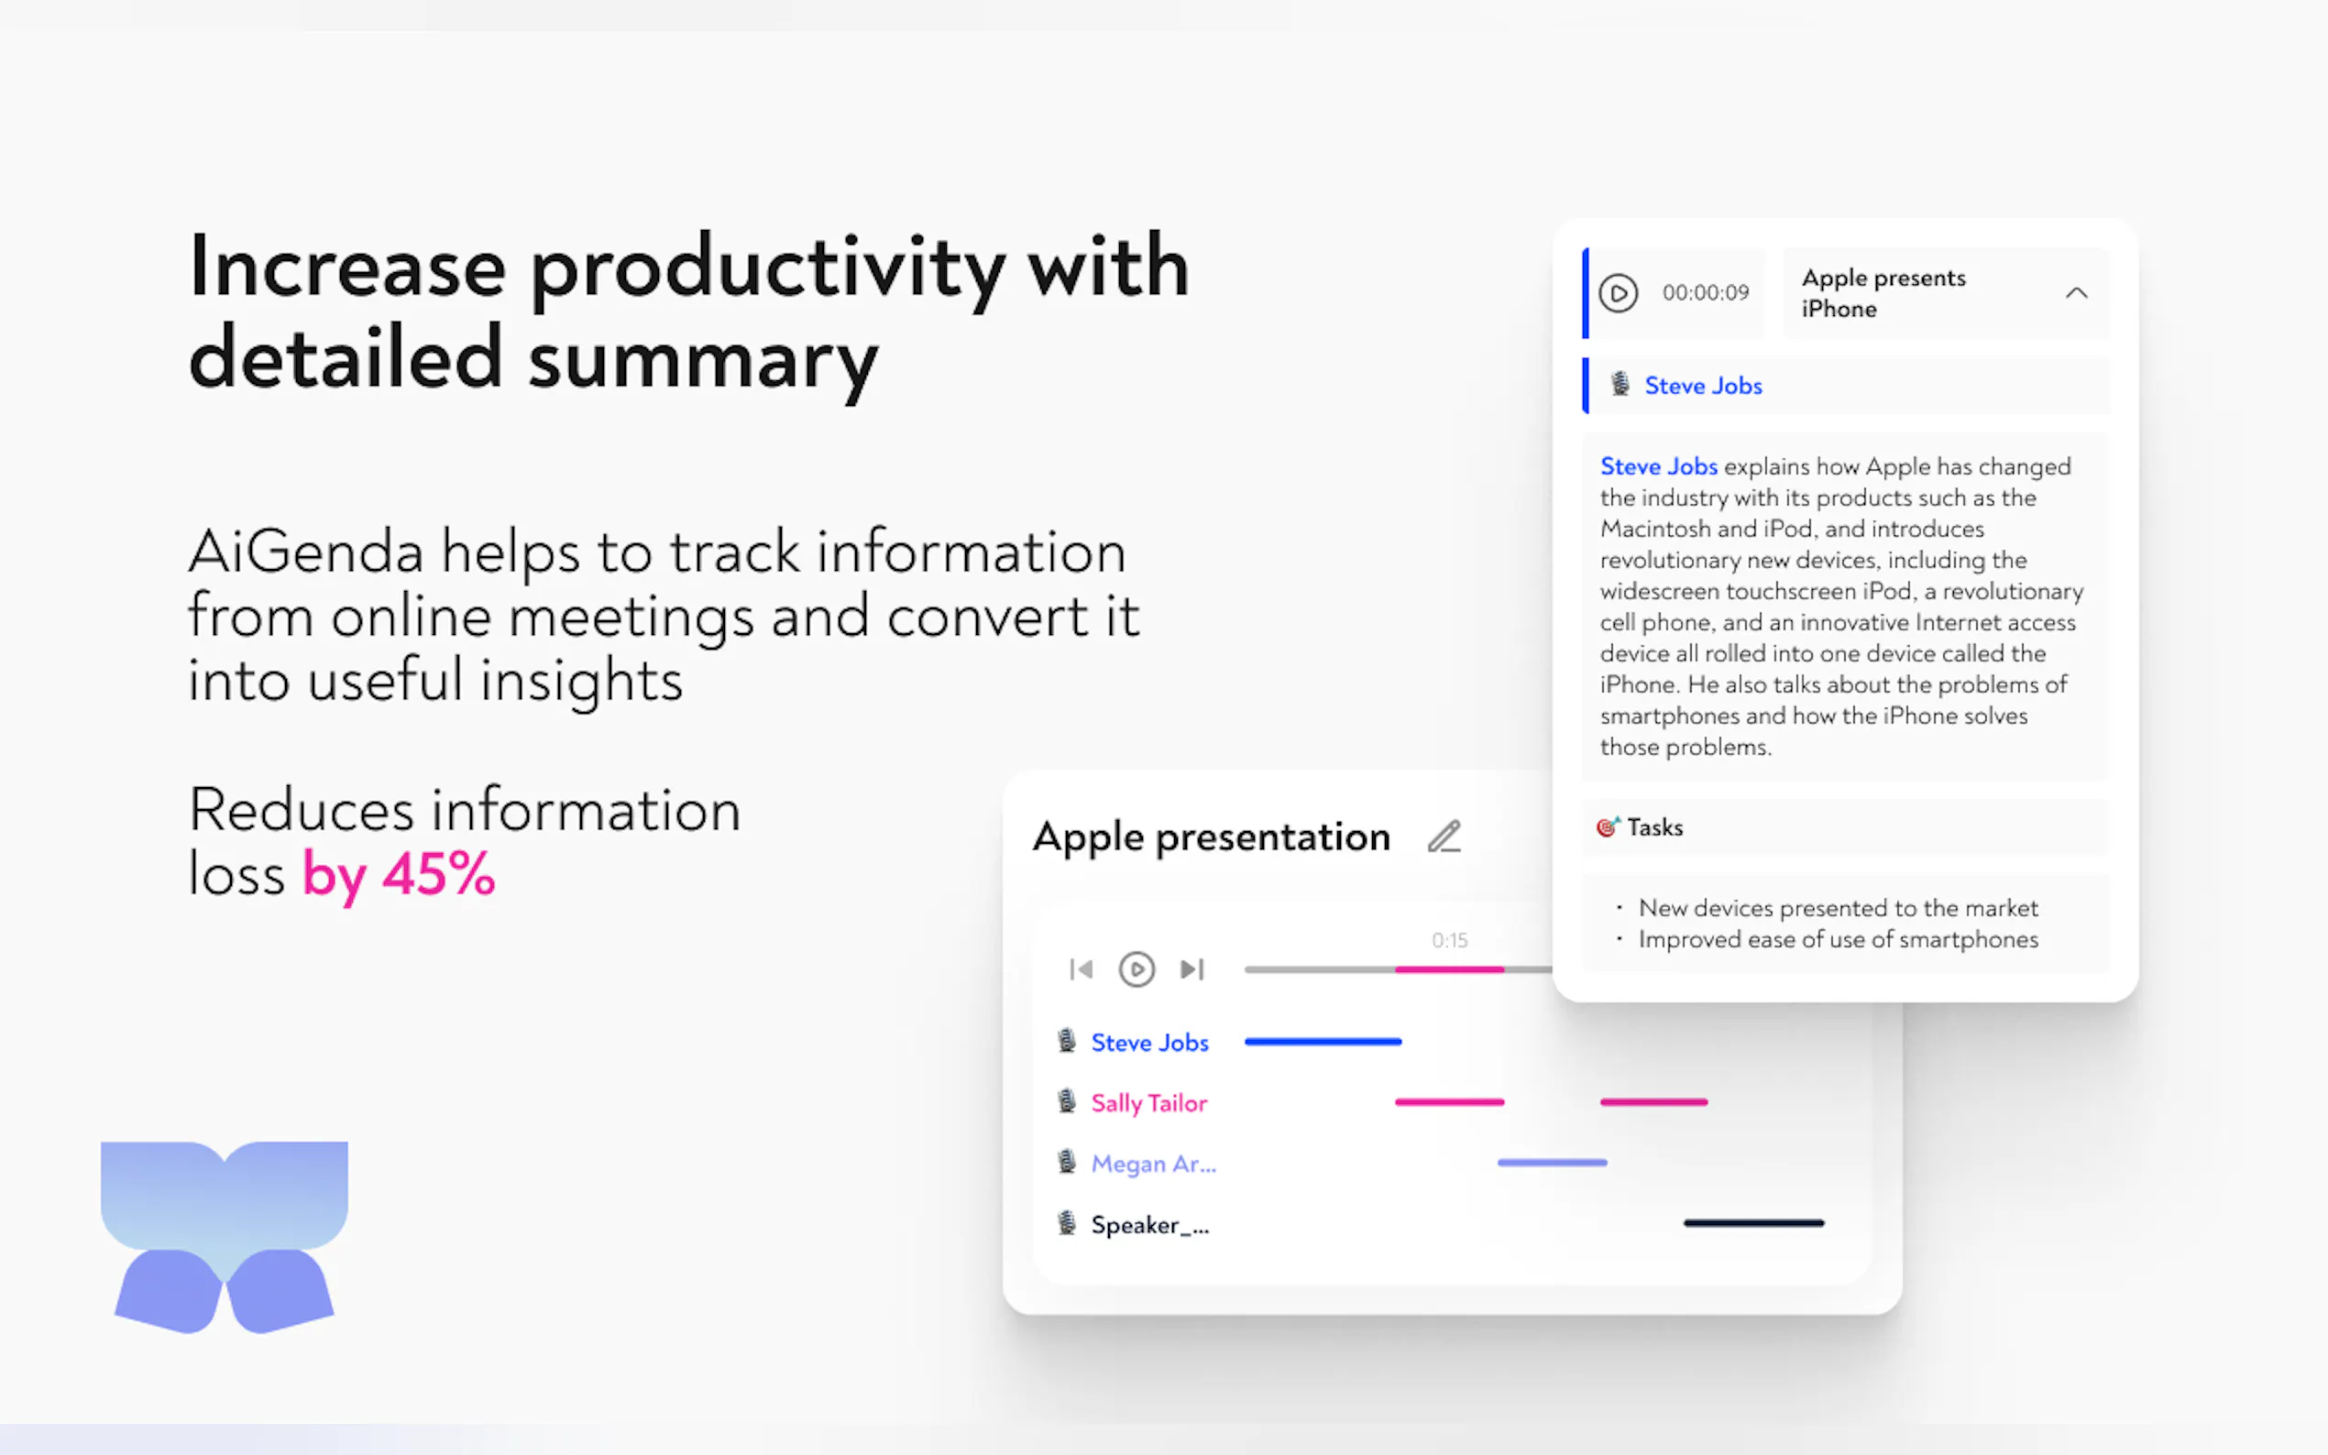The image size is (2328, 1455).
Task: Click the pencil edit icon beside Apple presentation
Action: pyautogui.click(x=1444, y=837)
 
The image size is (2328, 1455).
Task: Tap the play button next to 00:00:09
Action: pyautogui.click(x=1618, y=292)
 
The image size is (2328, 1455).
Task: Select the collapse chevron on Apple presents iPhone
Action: pyautogui.click(x=2076, y=292)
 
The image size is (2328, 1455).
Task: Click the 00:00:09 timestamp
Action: pyautogui.click(x=1706, y=292)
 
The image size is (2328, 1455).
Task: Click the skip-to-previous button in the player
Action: pyautogui.click(x=1081, y=969)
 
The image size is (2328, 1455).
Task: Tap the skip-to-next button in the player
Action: pyautogui.click(x=1192, y=969)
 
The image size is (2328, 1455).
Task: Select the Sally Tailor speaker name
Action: pyautogui.click(x=1149, y=1103)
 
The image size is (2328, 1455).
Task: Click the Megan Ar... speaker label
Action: pyautogui.click(x=1153, y=1164)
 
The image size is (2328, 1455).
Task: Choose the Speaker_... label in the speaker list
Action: pyautogui.click(x=1150, y=1225)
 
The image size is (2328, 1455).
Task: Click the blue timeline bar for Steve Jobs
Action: pyautogui.click(x=1323, y=1041)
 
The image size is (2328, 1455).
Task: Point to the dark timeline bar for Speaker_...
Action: pyautogui.click(x=1753, y=1223)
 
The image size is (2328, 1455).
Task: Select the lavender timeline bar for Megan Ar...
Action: pyautogui.click(x=1553, y=1163)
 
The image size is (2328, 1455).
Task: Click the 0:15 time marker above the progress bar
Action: pyautogui.click(x=1449, y=940)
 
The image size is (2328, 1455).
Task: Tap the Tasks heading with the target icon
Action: pyautogui.click(x=1640, y=827)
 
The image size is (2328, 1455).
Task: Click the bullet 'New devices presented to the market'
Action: pyautogui.click(x=1837, y=907)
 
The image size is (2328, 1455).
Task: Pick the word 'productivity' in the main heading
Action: pyautogui.click(x=768, y=270)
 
